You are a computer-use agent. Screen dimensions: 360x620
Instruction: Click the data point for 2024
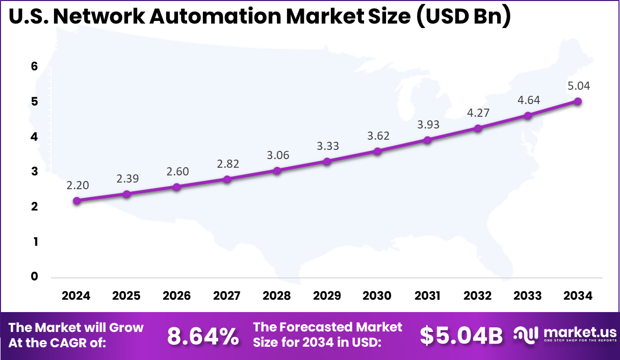76,200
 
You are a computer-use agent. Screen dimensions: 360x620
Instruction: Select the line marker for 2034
578,101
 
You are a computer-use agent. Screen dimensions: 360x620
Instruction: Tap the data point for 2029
327,161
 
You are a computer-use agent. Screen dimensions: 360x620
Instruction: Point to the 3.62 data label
377,136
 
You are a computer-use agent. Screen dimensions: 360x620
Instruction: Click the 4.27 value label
478,113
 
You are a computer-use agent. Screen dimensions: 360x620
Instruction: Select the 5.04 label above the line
578,86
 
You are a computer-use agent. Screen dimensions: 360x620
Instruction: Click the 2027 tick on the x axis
227,296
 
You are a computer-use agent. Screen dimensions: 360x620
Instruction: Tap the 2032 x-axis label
478,296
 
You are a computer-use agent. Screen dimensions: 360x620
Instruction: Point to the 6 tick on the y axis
35,67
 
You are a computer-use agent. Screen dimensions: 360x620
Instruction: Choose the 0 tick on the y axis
35,277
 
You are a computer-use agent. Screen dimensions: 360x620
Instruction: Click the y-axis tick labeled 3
35,172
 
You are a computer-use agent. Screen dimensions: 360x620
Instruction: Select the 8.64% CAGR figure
203,336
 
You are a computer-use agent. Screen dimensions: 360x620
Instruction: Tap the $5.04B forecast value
461,336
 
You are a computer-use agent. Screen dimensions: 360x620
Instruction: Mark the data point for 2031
427,140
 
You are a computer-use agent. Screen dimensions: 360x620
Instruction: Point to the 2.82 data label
227,164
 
